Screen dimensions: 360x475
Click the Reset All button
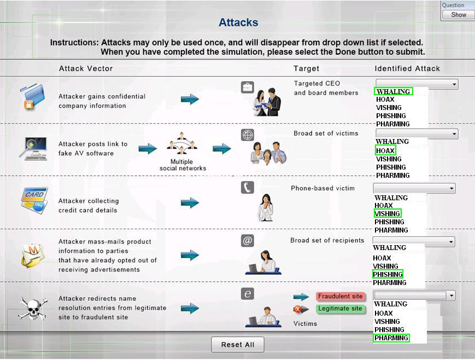click(x=237, y=345)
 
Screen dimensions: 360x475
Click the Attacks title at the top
click(x=238, y=22)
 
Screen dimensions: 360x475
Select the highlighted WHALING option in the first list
click(x=393, y=91)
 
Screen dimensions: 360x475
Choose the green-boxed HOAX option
click(x=385, y=150)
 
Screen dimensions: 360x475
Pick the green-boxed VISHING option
click(x=388, y=213)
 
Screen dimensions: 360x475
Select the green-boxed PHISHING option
click(x=388, y=274)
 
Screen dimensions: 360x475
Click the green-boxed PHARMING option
click(x=391, y=338)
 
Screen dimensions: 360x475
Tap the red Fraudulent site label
click(x=340, y=297)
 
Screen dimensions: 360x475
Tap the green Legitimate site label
click(x=340, y=309)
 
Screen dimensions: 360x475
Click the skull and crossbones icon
click(x=32, y=308)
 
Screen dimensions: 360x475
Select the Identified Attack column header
click(x=407, y=68)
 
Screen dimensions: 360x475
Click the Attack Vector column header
click(x=86, y=68)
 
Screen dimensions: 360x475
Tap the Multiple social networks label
click(x=183, y=165)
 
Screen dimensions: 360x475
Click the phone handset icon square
click(x=248, y=188)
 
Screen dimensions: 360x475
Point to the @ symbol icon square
click(x=248, y=241)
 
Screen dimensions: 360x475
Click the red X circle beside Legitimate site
click(x=298, y=309)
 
